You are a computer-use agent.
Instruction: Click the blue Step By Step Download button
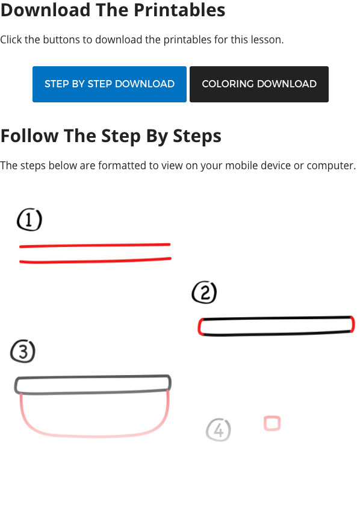tap(110, 84)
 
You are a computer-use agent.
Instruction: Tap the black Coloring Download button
tap(259, 84)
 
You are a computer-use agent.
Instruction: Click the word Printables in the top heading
tap(179, 10)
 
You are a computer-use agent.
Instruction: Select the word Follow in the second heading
tap(29, 135)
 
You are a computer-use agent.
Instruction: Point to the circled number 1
tap(29, 220)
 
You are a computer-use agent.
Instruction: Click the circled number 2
tap(204, 292)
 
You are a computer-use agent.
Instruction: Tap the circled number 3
tap(23, 352)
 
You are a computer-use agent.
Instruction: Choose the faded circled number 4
tap(219, 430)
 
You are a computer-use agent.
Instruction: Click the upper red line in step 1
tap(95, 246)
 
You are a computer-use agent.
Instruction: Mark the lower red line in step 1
tap(95, 261)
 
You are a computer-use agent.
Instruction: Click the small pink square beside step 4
tap(272, 423)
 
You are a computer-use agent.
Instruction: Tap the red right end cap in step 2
tap(353, 325)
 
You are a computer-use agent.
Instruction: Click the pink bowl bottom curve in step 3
tap(94, 437)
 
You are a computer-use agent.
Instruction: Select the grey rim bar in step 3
tap(93, 384)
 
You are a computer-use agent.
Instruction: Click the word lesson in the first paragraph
tap(267, 40)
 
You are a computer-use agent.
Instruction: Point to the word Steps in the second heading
tap(197, 135)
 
